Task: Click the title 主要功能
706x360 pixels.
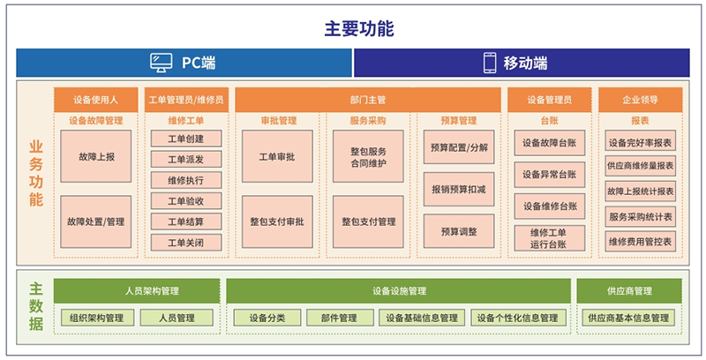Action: point(359,28)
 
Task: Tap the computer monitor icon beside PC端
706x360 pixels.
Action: point(161,63)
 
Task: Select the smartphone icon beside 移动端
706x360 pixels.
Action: point(490,63)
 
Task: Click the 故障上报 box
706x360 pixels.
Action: point(96,156)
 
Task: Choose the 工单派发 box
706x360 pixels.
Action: point(186,160)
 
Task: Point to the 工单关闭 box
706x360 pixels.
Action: point(186,243)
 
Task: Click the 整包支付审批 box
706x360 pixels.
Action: point(277,221)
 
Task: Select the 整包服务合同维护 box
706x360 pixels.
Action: point(368,156)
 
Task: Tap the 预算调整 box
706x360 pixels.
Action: point(459,231)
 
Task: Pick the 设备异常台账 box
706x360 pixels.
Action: point(550,175)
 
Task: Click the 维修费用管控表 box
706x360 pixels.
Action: point(641,242)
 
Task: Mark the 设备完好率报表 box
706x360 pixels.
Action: point(641,143)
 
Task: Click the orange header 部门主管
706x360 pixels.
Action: point(368,100)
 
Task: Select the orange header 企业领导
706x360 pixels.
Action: point(641,100)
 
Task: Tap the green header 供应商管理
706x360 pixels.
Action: point(629,291)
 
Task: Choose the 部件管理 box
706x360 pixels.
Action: point(340,318)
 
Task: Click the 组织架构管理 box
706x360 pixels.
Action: point(97,318)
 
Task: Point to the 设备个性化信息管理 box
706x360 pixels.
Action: point(518,318)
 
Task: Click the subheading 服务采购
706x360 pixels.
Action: point(368,121)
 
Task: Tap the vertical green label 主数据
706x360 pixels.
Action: point(36,306)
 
